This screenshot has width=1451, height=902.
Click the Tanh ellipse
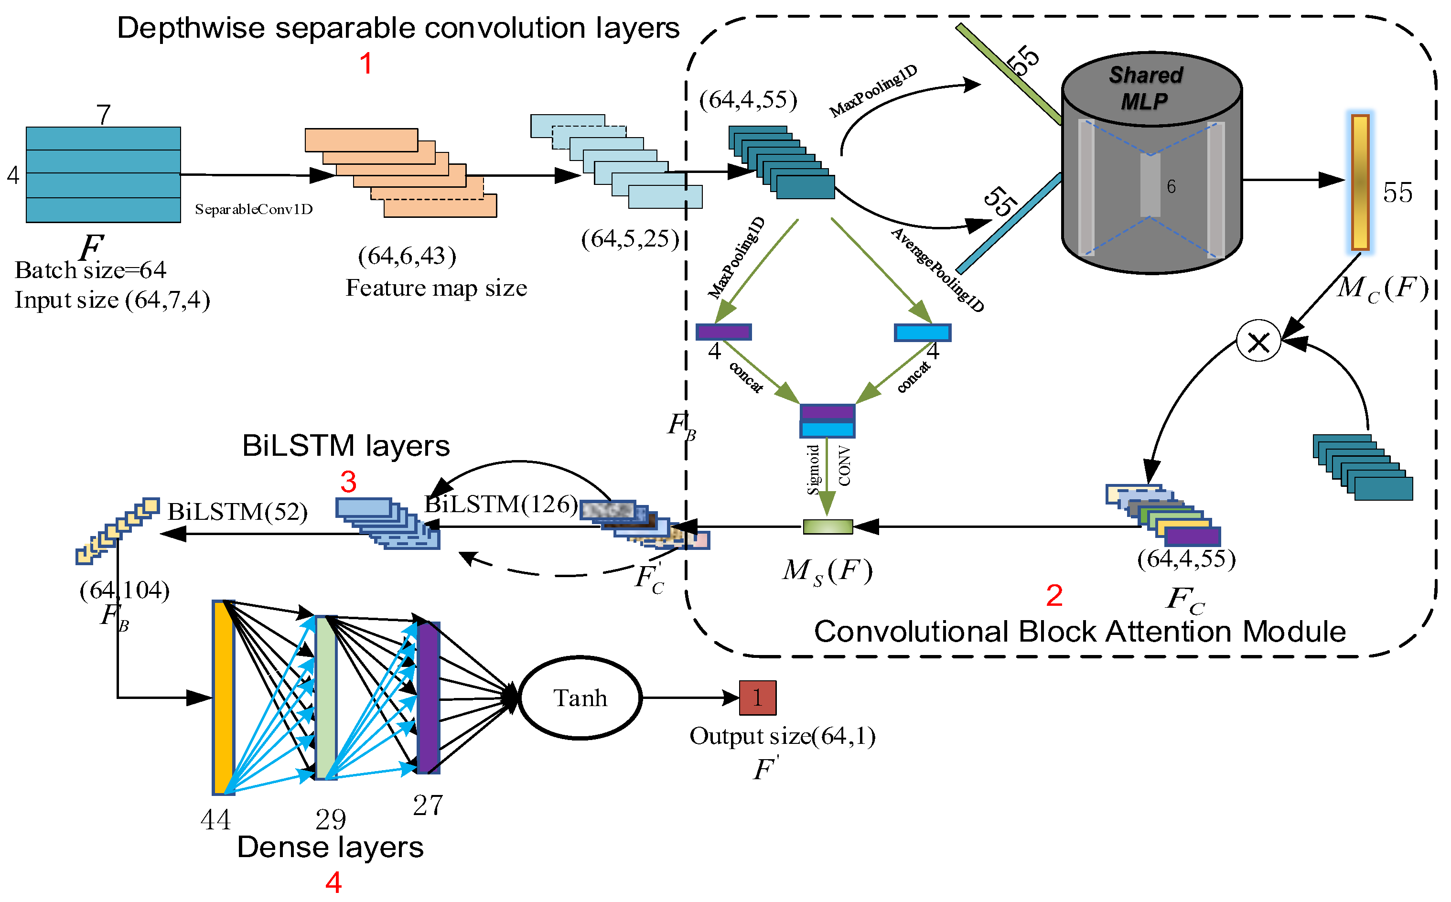tap(580, 698)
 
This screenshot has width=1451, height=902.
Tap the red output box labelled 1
tap(758, 698)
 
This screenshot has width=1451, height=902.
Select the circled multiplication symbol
tap(1258, 342)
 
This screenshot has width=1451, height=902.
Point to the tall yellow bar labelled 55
tap(1360, 182)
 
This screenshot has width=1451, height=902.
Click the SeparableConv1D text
tap(254, 209)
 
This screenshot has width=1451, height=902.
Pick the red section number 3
tap(348, 482)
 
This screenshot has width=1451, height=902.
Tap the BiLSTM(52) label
tap(237, 512)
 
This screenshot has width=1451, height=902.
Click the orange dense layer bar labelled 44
tap(223, 698)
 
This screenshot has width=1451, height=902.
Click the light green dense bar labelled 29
tap(325, 698)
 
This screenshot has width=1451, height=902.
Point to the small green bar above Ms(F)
tap(828, 526)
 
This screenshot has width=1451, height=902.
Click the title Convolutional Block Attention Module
tap(1080, 632)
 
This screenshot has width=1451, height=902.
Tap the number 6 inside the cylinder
tap(1171, 187)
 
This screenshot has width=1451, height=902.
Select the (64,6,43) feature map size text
tap(407, 256)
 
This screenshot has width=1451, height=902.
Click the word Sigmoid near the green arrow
tap(813, 470)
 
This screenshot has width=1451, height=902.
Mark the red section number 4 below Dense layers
tap(333, 882)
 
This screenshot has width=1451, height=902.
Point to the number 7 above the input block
tap(104, 115)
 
